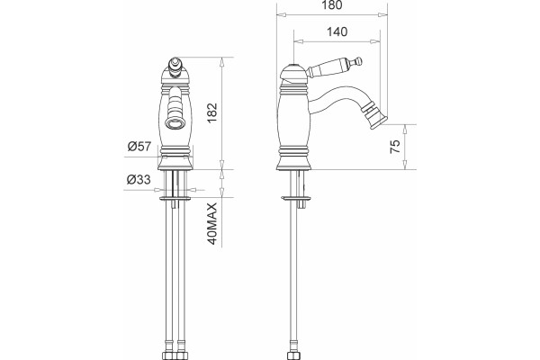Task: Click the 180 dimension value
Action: click(333, 4)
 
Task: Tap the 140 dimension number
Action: click(337, 31)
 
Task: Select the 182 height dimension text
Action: click(212, 113)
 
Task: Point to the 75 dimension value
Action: click(395, 147)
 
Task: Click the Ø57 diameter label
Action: click(139, 146)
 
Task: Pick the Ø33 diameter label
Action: click(139, 179)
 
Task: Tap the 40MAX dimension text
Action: click(212, 224)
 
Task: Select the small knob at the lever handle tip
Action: click(359, 61)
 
